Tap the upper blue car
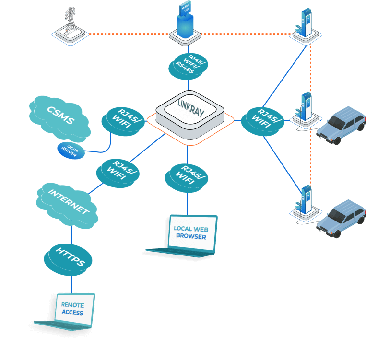click(x=342, y=125)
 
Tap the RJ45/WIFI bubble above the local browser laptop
click(x=187, y=176)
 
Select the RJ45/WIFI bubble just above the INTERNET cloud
click(x=118, y=172)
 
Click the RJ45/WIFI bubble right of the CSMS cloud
click(x=123, y=119)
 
